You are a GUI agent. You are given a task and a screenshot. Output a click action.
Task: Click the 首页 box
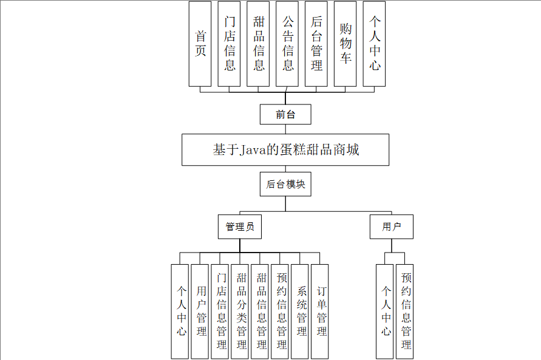(200, 44)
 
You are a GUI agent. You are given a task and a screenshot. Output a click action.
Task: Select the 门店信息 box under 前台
(230, 44)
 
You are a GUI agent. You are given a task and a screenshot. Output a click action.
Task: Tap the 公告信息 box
(288, 44)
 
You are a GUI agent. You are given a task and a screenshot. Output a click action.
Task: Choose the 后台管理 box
(316, 44)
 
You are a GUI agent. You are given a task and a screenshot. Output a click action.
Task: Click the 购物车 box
(345, 44)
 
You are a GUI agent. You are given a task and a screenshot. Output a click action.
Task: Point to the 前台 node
(285, 114)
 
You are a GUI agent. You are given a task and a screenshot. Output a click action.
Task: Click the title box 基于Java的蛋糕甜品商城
(285, 150)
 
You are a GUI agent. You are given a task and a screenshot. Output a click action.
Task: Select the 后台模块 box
(285, 185)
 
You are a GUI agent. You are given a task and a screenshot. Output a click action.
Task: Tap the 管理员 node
(239, 227)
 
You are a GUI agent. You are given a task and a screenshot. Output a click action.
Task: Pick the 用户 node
(392, 227)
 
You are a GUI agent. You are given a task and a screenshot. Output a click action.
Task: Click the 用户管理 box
(200, 311)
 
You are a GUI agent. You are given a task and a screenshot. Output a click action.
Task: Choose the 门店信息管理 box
(220, 311)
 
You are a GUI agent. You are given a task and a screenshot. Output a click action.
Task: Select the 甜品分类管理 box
(240, 311)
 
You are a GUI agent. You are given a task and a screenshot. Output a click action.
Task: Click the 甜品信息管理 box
(260, 311)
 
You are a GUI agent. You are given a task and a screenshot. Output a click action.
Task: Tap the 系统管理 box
(300, 311)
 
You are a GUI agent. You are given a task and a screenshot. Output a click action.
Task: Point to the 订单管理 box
(320, 311)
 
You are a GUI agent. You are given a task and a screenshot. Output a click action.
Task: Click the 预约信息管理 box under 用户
(405, 311)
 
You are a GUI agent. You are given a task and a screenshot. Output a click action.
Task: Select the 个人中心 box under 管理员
(180, 311)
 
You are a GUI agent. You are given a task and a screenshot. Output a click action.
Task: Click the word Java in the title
(254, 150)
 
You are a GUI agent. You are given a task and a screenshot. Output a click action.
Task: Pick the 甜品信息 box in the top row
(259, 44)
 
